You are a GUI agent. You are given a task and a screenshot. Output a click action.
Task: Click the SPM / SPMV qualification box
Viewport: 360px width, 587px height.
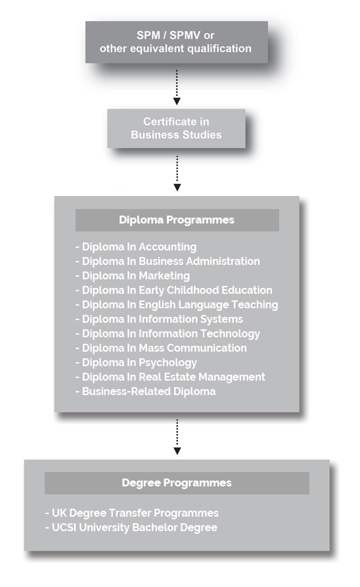click(176, 42)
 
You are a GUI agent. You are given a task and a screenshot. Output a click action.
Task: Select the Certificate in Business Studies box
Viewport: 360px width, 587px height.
click(176, 128)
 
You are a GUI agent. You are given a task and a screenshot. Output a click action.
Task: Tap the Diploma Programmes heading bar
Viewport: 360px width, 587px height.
click(177, 220)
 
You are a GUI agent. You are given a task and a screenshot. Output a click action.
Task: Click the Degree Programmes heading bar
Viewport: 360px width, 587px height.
click(177, 483)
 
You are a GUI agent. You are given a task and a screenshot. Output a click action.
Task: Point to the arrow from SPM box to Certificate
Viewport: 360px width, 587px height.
click(177, 87)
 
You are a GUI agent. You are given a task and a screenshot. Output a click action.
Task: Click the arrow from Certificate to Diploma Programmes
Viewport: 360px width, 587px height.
click(177, 174)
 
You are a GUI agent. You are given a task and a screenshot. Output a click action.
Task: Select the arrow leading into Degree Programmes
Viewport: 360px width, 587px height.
click(177, 437)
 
